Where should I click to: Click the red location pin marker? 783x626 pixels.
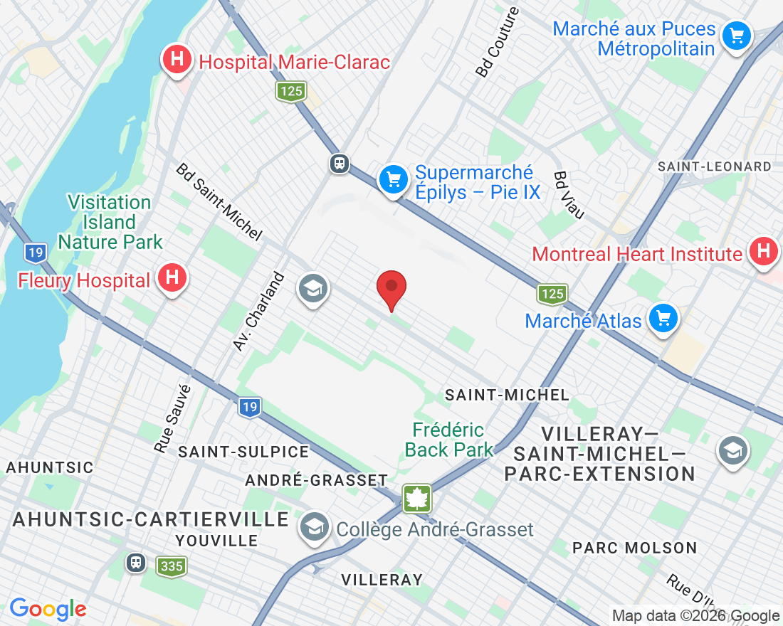pos(391,288)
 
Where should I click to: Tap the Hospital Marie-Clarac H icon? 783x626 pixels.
pos(177,61)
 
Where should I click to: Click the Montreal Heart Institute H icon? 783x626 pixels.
pos(764,252)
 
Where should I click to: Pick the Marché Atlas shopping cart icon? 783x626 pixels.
pos(663,319)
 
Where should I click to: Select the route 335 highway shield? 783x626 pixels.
pos(172,566)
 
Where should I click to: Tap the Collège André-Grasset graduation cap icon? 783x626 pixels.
pos(313,527)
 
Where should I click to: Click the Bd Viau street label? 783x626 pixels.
pos(569,195)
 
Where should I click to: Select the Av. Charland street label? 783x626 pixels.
pos(258,311)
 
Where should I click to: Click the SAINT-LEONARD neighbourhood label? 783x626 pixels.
pos(715,166)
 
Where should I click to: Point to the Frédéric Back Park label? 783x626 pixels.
pos(448,440)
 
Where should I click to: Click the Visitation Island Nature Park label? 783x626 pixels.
pos(110,222)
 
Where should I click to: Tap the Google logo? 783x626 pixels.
pos(48,609)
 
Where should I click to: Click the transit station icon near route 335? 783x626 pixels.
pos(135,563)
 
